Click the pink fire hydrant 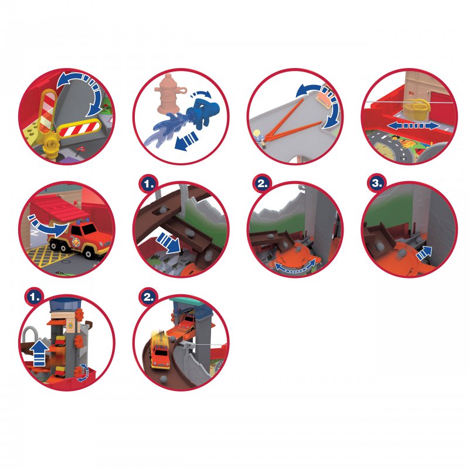coord(169,93)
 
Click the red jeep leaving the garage coord(81,238)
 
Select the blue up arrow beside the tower coord(40,354)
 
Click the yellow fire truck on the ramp coord(160,350)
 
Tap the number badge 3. coord(377,183)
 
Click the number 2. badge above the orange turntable coord(262,183)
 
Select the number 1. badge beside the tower coord(35,297)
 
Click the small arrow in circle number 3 coord(423,253)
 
